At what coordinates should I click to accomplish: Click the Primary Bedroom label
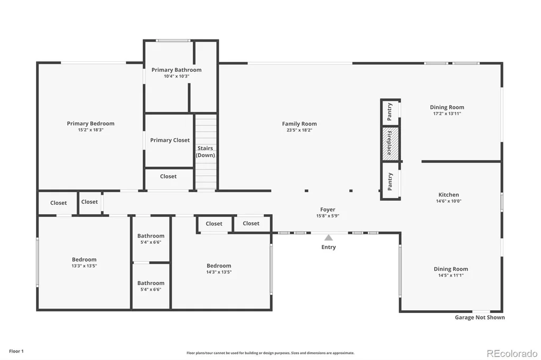click(x=90, y=124)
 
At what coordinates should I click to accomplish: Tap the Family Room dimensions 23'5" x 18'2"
click(x=299, y=130)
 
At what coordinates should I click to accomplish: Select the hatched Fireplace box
click(x=390, y=144)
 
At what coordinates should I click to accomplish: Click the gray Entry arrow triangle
click(x=329, y=238)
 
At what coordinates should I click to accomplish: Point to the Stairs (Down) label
click(x=206, y=151)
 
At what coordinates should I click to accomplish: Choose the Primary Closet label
click(x=170, y=140)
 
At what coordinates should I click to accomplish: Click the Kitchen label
click(x=449, y=194)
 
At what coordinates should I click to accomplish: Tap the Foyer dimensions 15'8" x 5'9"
click(x=328, y=216)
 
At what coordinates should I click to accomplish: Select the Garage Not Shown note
click(x=480, y=317)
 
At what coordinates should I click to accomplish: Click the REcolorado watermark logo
click(x=512, y=354)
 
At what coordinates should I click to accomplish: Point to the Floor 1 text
click(x=16, y=351)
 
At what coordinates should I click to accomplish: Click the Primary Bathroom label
click(x=176, y=70)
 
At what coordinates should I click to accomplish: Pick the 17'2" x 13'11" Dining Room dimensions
click(x=447, y=113)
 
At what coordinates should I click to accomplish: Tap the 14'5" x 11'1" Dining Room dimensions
click(x=451, y=275)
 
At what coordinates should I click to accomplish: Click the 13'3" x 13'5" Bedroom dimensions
click(x=84, y=266)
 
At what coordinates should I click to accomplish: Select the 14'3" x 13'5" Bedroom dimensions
click(x=219, y=272)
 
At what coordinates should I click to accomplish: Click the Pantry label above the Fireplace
click(x=390, y=112)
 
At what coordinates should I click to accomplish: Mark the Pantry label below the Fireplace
click(x=390, y=182)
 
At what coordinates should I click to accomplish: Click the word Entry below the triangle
click(x=329, y=247)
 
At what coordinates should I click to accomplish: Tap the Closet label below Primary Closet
click(x=168, y=176)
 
